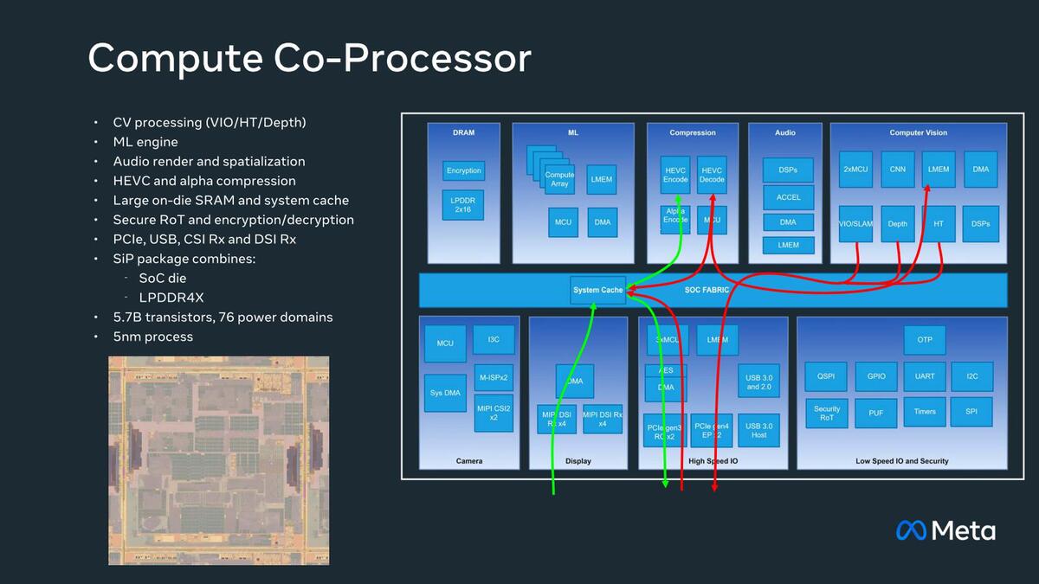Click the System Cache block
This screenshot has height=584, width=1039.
(597, 290)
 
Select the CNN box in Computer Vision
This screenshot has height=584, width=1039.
(897, 170)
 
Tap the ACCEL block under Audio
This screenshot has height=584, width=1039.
(787, 197)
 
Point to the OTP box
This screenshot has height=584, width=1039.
(924, 340)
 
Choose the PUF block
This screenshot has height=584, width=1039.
(875, 413)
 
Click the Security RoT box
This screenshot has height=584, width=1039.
(826, 413)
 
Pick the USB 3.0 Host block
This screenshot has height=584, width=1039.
(758, 430)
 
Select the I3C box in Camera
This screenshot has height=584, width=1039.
(493, 340)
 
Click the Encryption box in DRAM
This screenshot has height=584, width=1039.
(463, 170)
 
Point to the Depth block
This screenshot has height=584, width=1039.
(897, 224)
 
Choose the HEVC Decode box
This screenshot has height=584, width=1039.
(712, 174)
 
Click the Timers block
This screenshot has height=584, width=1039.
(924, 411)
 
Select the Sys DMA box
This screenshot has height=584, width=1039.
(445, 393)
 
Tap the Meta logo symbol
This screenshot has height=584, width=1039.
(911, 529)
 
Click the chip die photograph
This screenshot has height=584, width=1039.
(218, 460)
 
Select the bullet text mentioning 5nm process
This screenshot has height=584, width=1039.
(152, 337)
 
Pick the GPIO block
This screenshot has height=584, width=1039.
(875, 376)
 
